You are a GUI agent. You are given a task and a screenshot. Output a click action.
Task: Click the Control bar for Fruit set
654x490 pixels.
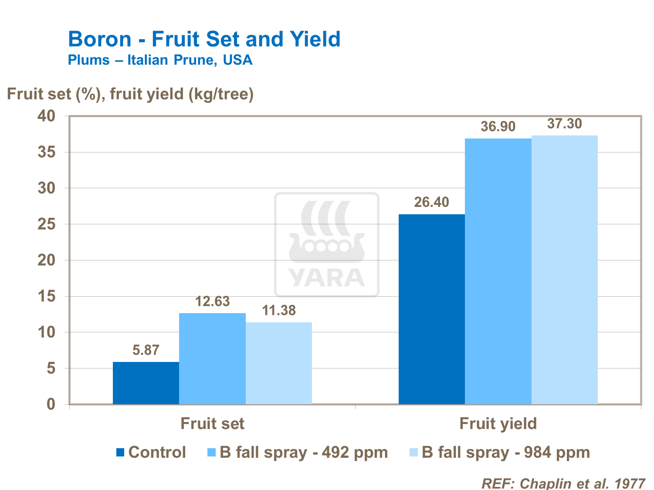coord(146,383)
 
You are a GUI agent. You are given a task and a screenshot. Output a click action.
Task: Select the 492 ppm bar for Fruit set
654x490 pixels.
coord(212,358)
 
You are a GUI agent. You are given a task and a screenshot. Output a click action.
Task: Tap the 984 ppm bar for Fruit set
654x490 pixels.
coord(279,363)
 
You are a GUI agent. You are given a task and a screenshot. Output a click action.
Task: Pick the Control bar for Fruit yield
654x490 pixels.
coord(431,309)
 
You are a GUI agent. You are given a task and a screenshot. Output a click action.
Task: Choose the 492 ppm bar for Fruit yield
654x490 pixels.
coord(498,271)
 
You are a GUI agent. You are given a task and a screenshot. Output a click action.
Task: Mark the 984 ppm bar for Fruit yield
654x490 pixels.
coord(565,270)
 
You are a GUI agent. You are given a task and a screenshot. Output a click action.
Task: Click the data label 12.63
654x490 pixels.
coord(212,301)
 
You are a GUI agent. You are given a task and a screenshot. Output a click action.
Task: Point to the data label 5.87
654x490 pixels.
coord(146,350)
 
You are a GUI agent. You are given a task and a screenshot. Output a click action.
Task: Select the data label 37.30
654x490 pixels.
coord(564,124)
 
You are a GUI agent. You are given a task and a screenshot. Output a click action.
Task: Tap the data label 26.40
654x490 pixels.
coord(431,202)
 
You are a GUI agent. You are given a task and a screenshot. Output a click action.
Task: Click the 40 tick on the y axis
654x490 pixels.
coord(47,116)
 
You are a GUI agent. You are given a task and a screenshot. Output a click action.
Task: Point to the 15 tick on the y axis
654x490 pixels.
coord(47,297)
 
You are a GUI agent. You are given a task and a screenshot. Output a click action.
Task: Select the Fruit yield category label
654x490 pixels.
coord(498,423)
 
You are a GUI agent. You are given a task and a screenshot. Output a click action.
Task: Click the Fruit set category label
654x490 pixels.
coord(212,423)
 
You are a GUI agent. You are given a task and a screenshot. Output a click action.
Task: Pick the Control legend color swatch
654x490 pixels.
coord(121,453)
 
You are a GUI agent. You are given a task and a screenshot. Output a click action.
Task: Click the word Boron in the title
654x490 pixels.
coord(99,39)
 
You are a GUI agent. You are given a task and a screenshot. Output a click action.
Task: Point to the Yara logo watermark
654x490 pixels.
coord(327,245)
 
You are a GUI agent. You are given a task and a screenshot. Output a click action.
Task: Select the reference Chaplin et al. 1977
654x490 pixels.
coord(563,483)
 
